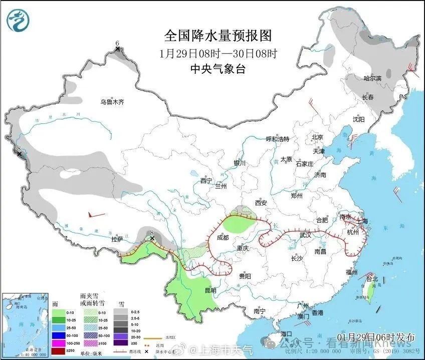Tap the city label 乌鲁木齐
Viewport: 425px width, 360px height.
(x=111, y=102)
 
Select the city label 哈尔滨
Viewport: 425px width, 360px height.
(x=372, y=78)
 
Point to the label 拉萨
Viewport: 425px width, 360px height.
(x=117, y=239)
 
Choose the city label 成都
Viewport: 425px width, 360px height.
(x=223, y=237)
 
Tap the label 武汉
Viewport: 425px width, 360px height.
(x=305, y=235)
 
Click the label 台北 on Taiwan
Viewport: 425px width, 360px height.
(x=371, y=279)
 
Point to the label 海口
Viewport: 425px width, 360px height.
(x=286, y=333)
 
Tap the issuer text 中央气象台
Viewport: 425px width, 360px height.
(x=218, y=69)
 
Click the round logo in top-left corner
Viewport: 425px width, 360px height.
(x=18, y=20)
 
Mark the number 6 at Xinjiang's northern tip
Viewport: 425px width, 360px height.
(x=117, y=43)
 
